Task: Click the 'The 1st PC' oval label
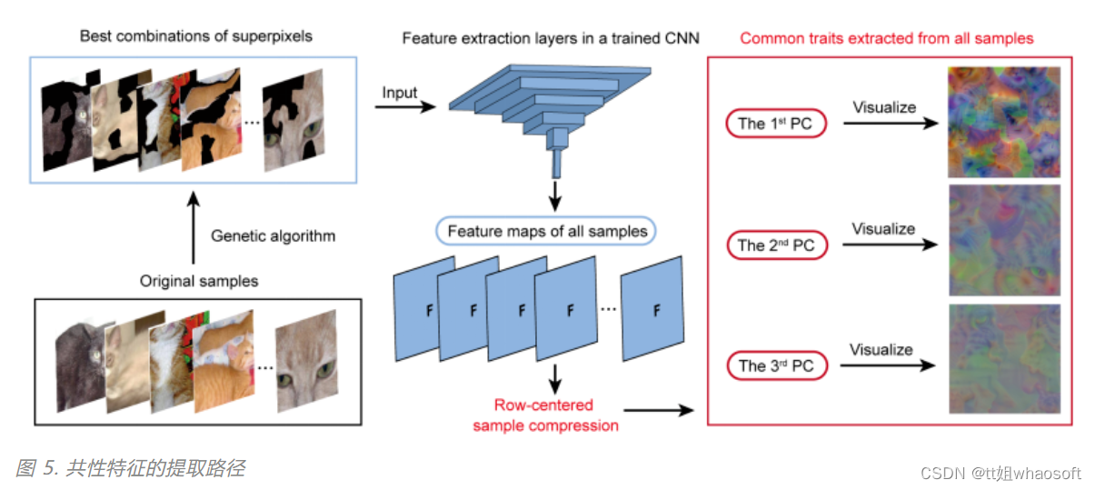pyautogui.click(x=775, y=124)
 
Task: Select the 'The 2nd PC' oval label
pyautogui.click(x=775, y=245)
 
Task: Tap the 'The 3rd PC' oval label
pyautogui.click(x=775, y=365)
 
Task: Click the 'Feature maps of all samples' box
pyautogui.click(x=546, y=231)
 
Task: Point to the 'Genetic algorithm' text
pyautogui.click(x=273, y=236)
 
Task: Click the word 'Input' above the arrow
pyautogui.click(x=400, y=93)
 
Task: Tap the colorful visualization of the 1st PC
pyautogui.click(x=1003, y=122)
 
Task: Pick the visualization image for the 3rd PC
pyautogui.click(x=1003, y=361)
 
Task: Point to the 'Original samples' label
pyautogui.click(x=198, y=281)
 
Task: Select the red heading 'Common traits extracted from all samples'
pyautogui.click(x=886, y=38)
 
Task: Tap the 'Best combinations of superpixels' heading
pyautogui.click(x=195, y=36)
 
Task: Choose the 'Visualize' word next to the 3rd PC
pyautogui.click(x=881, y=349)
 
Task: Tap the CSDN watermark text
pyautogui.click(x=1000, y=473)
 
